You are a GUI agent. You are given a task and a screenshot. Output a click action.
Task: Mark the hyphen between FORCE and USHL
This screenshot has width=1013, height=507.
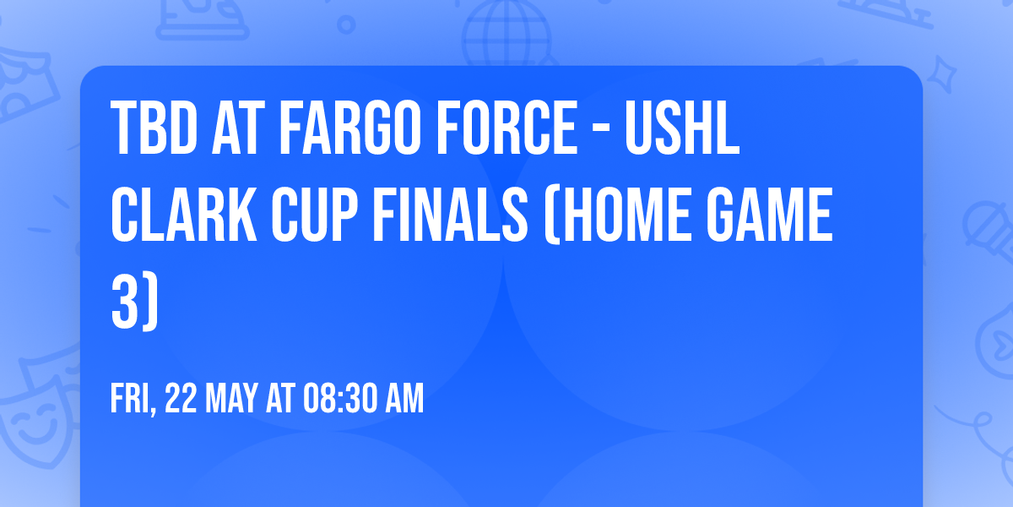coord(596,131)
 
